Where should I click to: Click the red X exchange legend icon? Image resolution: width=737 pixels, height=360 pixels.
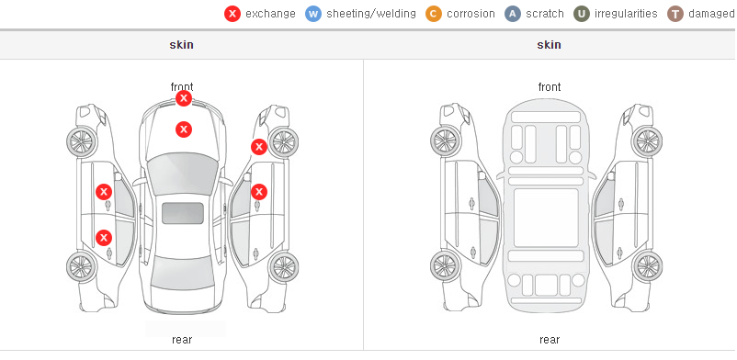click(x=232, y=14)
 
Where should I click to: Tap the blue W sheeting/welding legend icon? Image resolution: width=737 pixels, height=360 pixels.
click(x=313, y=14)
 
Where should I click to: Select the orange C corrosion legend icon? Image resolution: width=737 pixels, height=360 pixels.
click(x=434, y=14)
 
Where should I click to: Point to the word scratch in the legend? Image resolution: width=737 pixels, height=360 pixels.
click(x=545, y=14)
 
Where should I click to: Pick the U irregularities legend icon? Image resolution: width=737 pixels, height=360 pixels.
click(x=582, y=14)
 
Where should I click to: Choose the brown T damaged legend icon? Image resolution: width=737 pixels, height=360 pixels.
click(x=675, y=14)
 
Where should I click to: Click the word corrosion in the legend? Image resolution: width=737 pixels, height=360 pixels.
click(x=471, y=14)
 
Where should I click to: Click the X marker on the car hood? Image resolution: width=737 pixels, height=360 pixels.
click(x=184, y=129)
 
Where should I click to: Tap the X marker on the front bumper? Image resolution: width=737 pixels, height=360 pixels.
click(x=184, y=98)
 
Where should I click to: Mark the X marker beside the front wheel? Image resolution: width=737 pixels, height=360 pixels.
click(x=259, y=147)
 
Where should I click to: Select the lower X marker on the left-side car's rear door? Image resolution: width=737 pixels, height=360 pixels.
click(x=104, y=238)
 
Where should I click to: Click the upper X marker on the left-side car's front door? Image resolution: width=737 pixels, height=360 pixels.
click(x=104, y=192)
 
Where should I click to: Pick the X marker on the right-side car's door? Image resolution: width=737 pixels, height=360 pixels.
click(x=259, y=192)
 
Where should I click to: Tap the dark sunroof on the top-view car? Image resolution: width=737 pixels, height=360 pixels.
click(x=183, y=213)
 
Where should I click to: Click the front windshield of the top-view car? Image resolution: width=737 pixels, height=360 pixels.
click(x=183, y=173)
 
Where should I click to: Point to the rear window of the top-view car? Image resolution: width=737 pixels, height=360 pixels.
click(x=183, y=273)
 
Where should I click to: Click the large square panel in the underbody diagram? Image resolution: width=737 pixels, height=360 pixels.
click(x=546, y=218)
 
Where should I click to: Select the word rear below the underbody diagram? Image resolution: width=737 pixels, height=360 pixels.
click(x=550, y=340)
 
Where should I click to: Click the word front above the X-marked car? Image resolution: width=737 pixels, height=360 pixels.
click(x=182, y=87)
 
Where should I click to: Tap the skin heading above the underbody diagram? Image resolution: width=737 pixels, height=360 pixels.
click(x=549, y=45)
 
